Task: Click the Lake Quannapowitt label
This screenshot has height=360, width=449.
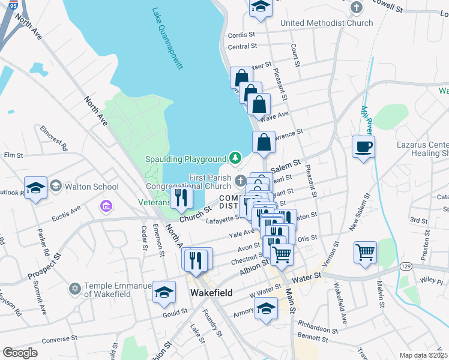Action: pos(167,39)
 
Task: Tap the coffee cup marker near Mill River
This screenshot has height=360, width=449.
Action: pos(364,146)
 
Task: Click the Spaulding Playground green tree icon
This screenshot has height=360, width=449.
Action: pos(236,158)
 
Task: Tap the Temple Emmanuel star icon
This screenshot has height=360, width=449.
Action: pos(75,289)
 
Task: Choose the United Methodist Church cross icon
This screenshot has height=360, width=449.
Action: pos(357,8)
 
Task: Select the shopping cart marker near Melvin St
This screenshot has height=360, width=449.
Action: pos(365,251)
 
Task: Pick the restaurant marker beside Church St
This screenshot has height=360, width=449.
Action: pos(181,196)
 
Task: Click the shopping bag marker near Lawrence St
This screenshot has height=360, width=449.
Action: pos(264,142)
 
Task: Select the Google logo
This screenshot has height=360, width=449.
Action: pos(20,353)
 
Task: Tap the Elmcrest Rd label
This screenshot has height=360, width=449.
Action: pos(54,137)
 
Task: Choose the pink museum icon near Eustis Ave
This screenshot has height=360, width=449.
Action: pos(106,206)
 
